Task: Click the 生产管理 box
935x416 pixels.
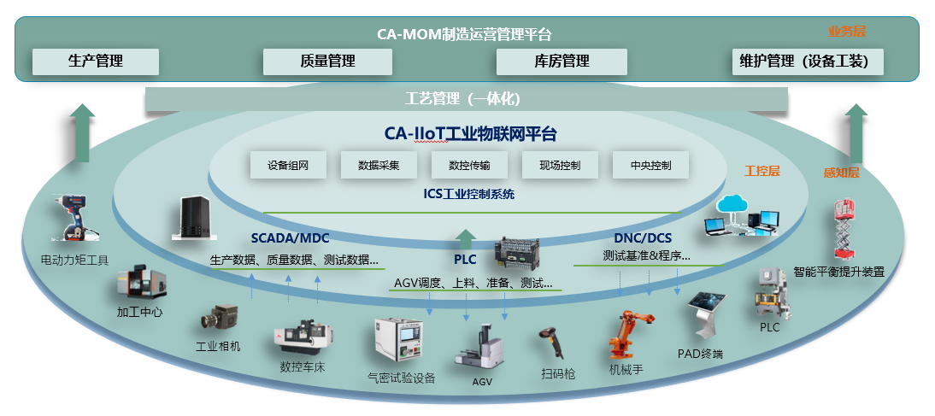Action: pyautogui.click(x=96, y=62)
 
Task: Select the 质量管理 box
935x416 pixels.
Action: pyautogui.click(x=328, y=62)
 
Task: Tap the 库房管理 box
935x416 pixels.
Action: pyautogui.click(x=562, y=62)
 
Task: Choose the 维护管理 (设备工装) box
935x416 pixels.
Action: pyautogui.click(x=808, y=62)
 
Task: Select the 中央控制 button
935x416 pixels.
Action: pyautogui.click(x=650, y=165)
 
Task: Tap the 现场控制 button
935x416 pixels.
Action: pyautogui.click(x=560, y=165)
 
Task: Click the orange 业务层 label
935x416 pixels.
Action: pyautogui.click(x=846, y=32)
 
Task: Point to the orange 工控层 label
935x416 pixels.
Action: pyautogui.click(x=762, y=171)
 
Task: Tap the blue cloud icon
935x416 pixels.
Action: pyautogui.click(x=733, y=204)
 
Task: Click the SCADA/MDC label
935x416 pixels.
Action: pyautogui.click(x=290, y=237)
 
